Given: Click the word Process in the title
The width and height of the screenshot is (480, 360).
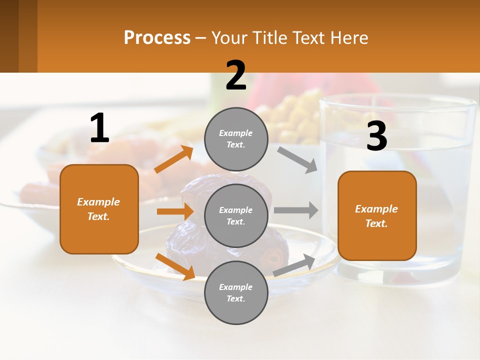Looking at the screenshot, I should (157, 37).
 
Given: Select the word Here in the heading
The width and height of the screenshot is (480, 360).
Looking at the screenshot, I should (347, 37).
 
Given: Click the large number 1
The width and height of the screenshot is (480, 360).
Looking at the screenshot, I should (99, 128).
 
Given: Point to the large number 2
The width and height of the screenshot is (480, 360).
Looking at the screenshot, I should (236, 75).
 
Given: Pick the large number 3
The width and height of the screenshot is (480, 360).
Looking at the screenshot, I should (376, 136).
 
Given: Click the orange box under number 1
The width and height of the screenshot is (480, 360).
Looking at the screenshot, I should (99, 209).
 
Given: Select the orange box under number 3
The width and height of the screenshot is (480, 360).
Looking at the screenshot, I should (377, 215).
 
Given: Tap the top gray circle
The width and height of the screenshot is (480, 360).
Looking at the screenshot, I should (236, 139).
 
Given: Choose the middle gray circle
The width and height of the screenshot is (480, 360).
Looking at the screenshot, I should (236, 215).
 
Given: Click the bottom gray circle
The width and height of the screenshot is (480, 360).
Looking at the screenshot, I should (236, 292).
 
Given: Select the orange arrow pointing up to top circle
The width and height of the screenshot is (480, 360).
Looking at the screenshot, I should (173, 159).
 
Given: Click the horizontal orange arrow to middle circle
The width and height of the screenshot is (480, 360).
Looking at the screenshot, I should (175, 211).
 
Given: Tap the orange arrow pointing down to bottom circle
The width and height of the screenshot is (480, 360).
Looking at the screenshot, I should (175, 266).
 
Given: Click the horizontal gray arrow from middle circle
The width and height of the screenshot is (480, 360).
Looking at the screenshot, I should (296, 210).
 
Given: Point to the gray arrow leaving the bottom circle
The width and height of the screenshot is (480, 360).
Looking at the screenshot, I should (294, 265).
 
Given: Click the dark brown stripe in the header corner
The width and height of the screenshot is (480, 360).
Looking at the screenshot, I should (9, 36).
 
